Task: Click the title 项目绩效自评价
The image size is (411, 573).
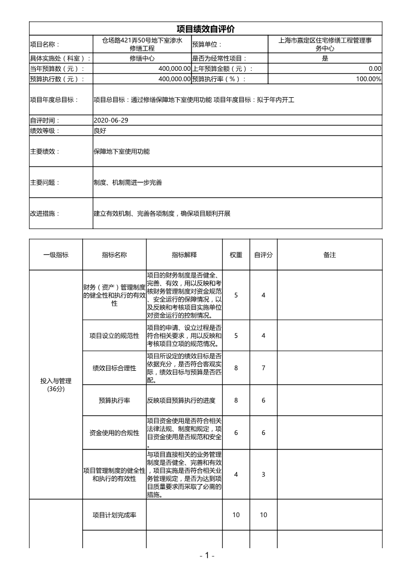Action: (205, 29)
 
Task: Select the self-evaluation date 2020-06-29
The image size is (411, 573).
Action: (111, 120)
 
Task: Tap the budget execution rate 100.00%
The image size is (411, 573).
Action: (369, 79)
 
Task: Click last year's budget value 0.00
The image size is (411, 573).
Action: (375, 69)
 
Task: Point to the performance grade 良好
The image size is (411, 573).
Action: (100, 130)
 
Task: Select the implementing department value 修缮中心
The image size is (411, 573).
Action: (142, 58)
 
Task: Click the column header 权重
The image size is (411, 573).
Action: (236, 255)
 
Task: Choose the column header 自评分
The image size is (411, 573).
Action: (263, 255)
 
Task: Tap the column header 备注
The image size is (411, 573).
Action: (330, 255)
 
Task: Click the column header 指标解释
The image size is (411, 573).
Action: (184, 255)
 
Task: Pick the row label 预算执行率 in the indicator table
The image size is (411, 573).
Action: (114, 400)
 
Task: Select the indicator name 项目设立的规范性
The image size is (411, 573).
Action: (114, 336)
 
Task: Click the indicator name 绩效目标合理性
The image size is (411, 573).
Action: (114, 368)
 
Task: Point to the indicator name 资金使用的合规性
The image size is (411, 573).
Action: (114, 433)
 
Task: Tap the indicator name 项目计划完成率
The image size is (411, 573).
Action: (114, 515)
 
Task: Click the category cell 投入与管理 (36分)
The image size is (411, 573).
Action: (56, 385)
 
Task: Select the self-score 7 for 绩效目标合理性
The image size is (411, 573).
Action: (263, 368)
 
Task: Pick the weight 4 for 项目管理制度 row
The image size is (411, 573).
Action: (236, 474)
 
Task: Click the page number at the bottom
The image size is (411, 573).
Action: (206, 555)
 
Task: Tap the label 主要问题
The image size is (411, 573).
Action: (45, 183)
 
